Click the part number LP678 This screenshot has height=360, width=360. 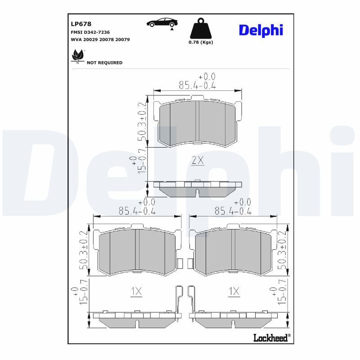pyautogui.click(x=81, y=24)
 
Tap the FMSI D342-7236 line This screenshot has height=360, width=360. pyautogui.click(x=90, y=32)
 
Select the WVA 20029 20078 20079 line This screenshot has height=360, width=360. pyautogui.click(x=100, y=40)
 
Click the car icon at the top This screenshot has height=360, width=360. pyautogui.click(x=162, y=23)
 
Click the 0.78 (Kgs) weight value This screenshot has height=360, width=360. pyautogui.click(x=201, y=42)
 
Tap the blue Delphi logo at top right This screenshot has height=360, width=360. pyautogui.click(x=261, y=30)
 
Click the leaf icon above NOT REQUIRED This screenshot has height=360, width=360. pyautogui.click(x=77, y=56)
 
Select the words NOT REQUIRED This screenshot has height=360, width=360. pyautogui.click(x=104, y=63)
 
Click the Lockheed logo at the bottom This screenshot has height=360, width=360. pyautogui.click(x=272, y=338)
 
